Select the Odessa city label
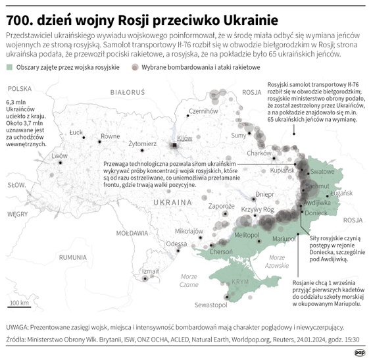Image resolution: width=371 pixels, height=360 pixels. pyautogui.click(x=176, y=244)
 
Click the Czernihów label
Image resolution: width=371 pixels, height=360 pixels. pyautogui.click(x=203, y=111)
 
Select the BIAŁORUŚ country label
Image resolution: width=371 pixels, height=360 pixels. pyautogui.click(x=128, y=93)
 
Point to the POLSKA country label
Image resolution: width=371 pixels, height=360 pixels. pyautogui.click(x=20, y=88)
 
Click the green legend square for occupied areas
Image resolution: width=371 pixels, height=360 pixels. pyautogui.click(x=9, y=68)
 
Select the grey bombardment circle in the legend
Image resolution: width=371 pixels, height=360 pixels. pyautogui.click(x=136, y=68)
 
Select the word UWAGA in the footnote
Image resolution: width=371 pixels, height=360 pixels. pyautogui.click(x=16, y=327)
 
